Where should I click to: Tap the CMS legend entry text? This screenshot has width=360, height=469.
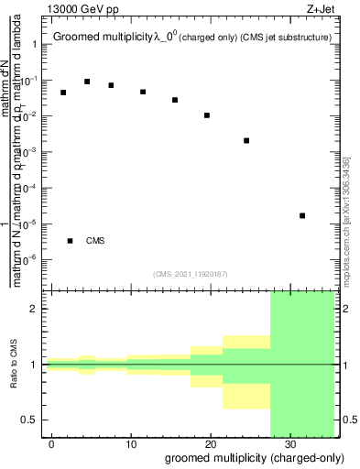[95, 241]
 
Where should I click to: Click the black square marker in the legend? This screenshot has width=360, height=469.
[71, 241]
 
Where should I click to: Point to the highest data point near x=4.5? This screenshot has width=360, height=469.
[87, 82]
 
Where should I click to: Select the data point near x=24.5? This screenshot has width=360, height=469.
[246, 140]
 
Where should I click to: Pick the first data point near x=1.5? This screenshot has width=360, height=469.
[63, 93]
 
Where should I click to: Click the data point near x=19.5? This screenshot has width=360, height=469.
[207, 115]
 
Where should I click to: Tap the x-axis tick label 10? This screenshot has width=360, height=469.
[131, 443]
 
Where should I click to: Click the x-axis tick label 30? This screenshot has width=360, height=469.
[289, 443]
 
